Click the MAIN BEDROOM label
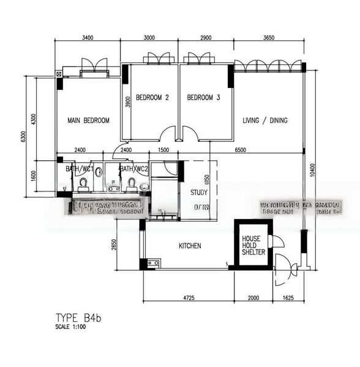(88, 120)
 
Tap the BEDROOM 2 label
(152, 98)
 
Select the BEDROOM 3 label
(203, 98)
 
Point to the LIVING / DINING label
(264, 120)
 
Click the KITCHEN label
(190, 246)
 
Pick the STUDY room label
(199, 192)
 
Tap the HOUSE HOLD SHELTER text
(252, 245)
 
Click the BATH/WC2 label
(134, 169)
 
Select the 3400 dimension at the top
(88, 38)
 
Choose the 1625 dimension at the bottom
(289, 298)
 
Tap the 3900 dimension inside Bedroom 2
(127, 102)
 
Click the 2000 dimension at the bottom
(252, 298)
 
